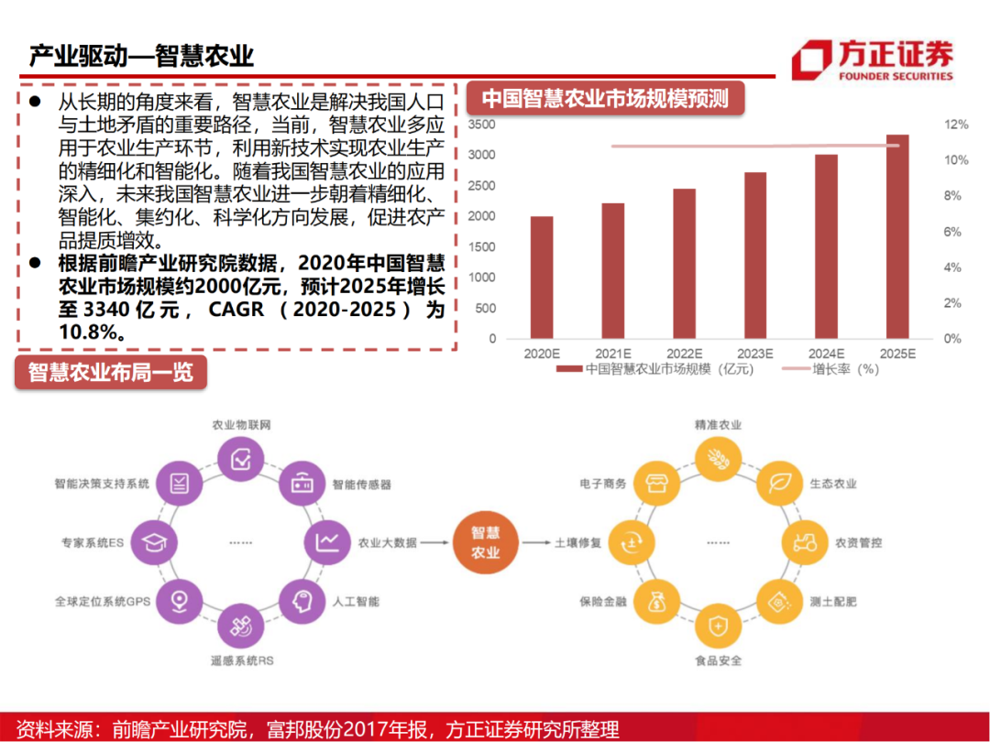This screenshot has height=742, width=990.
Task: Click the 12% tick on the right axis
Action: [x=956, y=125]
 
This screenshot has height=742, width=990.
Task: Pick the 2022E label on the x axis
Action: [x=684, y=354]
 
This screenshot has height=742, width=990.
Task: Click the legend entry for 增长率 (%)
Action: [x=830, y=370]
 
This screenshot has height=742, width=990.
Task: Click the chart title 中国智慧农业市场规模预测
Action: [x=605, y=99]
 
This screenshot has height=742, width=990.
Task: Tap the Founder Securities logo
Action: [x=872, y=60]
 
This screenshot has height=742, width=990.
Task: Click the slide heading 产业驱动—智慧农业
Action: [x=141, y=56]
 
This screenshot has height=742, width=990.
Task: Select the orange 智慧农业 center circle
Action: [x=485, y=543]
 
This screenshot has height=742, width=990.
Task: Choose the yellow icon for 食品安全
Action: [x=719, y=627]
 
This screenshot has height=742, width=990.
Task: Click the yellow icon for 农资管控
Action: [x=803, y=542]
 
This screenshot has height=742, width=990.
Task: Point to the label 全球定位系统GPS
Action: [x=102, y=602]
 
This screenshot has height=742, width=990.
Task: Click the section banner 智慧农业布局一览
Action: [x=110, y=373]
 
